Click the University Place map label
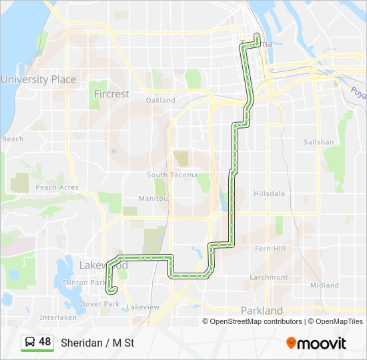(x=38, y=79)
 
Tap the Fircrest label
(x=111, y=94)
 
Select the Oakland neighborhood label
(x=161, y=101)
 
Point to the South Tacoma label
(x=172, y=175)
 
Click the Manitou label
(x=153, y=199)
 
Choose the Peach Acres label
(x=57, y=188)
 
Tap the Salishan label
(x=318, y=142)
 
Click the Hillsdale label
(x=270, y=194)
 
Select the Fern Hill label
(x=270, y=249)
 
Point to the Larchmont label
(x=270, y=277)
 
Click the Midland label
(x=325, y=285)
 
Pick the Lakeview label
(x=143, y=307)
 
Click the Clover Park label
(x=99, y=304)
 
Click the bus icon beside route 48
(x=30, y=343)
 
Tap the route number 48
(x=45, y=342)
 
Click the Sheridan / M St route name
(x=97, y=343)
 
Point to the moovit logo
(x=316, y=343)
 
